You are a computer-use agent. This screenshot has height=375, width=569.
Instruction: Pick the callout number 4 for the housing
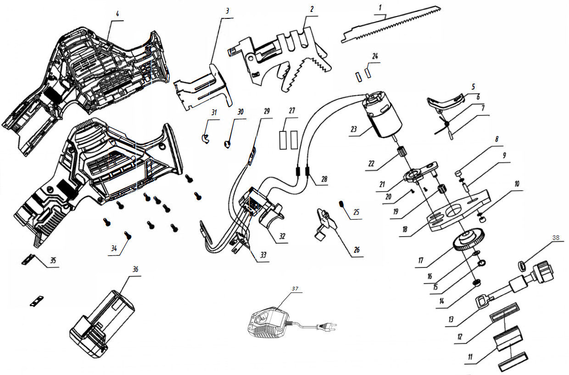click(x=117, y=14)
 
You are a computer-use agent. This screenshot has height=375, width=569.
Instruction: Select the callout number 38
click(x=556, y=238)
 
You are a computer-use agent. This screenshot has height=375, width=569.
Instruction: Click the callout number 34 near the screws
click(x=113, y=249)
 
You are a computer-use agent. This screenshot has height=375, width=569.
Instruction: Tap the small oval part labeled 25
click(x=342, y=204)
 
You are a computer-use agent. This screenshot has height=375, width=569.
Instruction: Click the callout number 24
click(x=375, y=57)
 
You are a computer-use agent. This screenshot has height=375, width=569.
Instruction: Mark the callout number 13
click(x=451, y=318)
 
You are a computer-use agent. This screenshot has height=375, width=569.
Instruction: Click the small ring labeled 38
click(x=522, y=265)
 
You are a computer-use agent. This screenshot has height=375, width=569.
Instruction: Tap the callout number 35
click(x=53, y=261)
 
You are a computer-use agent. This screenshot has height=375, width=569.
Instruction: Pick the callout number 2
click(x=312, y=9)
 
